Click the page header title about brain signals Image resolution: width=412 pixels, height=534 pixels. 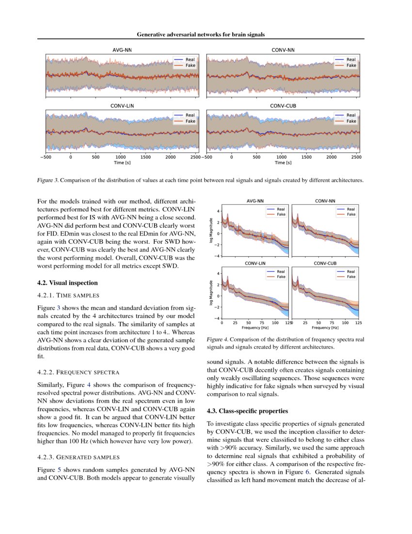pos(201,34)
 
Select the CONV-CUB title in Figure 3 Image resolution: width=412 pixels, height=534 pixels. pos(283,105)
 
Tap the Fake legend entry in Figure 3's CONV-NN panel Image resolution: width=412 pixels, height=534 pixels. pos(351,65)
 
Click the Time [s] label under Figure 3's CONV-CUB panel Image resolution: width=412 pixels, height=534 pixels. pos(283,163)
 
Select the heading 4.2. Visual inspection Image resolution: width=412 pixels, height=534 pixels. pos(67,283)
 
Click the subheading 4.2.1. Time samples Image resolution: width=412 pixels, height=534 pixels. pos(68,295)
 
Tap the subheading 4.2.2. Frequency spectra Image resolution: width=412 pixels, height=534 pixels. pos(79,372)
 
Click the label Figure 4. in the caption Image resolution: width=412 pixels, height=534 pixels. pos(217,340)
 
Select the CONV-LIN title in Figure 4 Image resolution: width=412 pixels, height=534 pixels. pos(255,263)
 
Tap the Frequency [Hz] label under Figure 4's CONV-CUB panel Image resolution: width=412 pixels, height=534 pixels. pos(325,328)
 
